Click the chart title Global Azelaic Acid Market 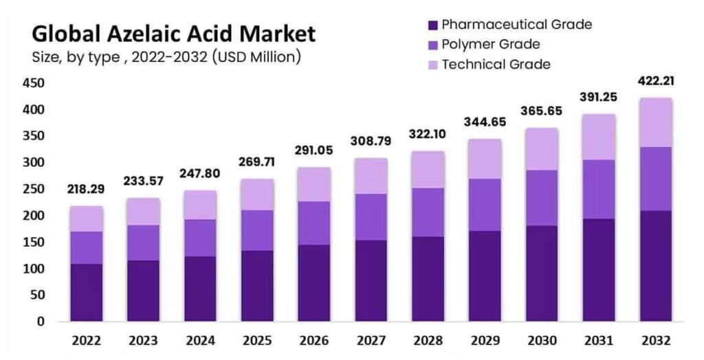pyautogui.click(x=173, y=34)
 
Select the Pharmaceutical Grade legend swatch pyautogui.click(x=432, y=25)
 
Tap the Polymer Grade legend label pyautogui.click(x=490, y=45)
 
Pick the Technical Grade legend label pyautogui.click(x=496, y=65)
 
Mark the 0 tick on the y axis pyautogui.click(x=40, y=322)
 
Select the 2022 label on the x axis pyautogui.click(x=86, y=341)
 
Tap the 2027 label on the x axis pyautogui.click(x=371, y=341)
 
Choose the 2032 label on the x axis pyautogui.click(x=655, y=341)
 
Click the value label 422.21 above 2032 pyautogui.click(x=655, y=81)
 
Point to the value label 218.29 pyautogui.click(x=86, y=189)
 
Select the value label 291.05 pyautogui.click(x=313, y=150)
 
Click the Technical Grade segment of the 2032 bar pyautogui.click(x=655, y=122)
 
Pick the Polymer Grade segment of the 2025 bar pyautogui.click(x=256, y=230)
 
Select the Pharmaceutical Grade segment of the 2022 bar pyautogui.click(x=86, y=292)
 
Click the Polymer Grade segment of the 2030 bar pyautogui.click(x=542, y=198)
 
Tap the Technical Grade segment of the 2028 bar pyautogui.click(x=428, y=169)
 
